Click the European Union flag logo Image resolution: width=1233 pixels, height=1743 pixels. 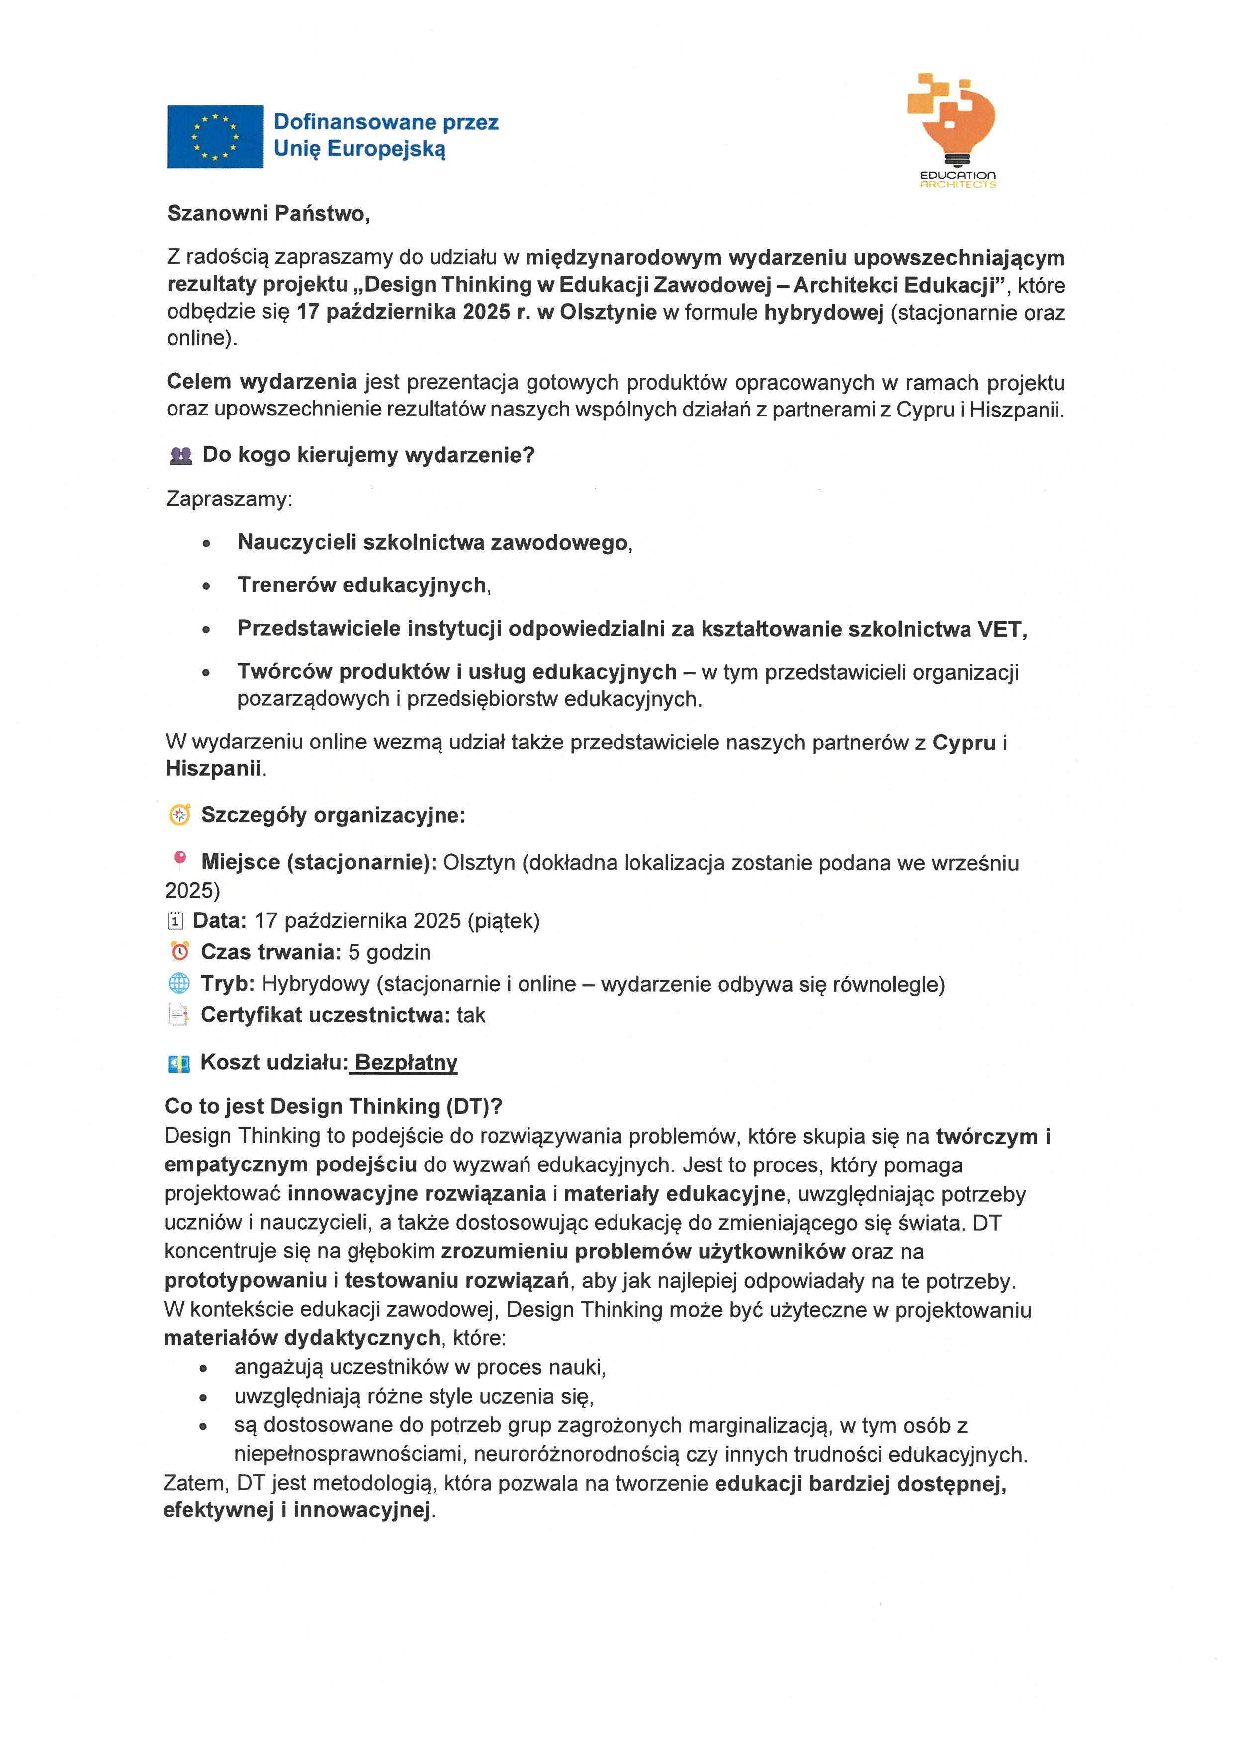[x=215, y=137]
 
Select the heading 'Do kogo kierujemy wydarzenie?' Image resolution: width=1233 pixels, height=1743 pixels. [x=368, y=455]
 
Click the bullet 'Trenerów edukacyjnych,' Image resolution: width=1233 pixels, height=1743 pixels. [x=363, y=585]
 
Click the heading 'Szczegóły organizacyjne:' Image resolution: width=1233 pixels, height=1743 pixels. [x=333, y=815]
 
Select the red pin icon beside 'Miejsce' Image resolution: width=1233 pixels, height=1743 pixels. [x=180, y=859]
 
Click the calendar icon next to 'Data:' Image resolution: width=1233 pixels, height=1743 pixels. [x=176, y=921]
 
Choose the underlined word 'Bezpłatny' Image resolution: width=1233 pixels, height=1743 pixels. [x=406, y=1062]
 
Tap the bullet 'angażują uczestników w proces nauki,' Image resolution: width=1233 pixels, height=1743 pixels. [x=419, y=1367]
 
